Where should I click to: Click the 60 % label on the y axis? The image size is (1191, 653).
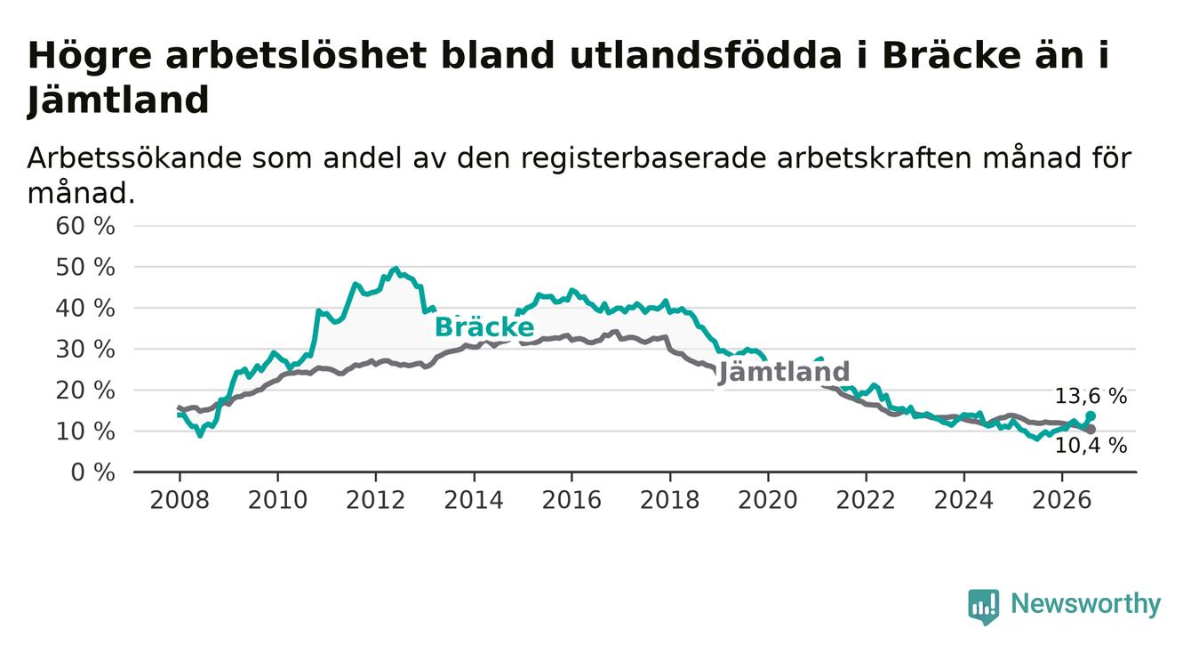pos(85,226)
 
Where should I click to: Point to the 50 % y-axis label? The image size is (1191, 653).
pos(85,267)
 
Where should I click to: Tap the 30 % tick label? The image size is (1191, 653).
pos(85,350)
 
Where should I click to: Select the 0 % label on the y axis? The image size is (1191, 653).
pos(92,472)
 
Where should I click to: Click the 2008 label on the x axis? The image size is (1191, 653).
pos(180,501)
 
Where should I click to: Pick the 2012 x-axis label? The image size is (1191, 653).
pos(376,501)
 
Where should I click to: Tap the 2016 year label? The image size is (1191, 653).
pos(572,501)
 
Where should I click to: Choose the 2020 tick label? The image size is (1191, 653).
pos(768,501)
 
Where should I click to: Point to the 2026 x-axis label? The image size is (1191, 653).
pos(1062,501)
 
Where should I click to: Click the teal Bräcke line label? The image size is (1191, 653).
pos(484,326)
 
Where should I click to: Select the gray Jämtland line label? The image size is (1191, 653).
pos(784,372)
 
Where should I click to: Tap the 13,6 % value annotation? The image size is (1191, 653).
pos(1091,397)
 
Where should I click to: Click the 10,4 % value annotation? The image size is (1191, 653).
pos(1091,446)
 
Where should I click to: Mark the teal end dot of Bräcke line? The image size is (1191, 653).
pos(1091,415)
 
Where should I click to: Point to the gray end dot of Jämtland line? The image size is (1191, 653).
pos(1091,429)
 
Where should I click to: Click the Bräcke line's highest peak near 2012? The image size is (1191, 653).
pos(395,269)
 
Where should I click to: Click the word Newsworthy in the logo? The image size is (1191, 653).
pos(1085,605)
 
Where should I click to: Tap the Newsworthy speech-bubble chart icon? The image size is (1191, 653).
pos(984,607)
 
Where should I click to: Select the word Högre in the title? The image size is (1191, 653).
pos(89,56)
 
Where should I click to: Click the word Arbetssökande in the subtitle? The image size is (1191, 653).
pos(134,158)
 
